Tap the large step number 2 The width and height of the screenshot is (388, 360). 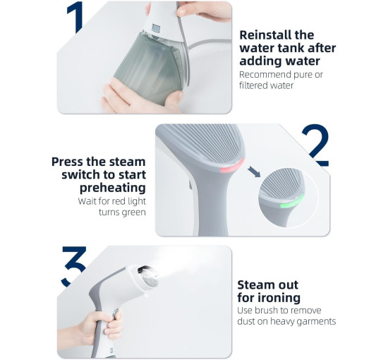(x=316, y=145)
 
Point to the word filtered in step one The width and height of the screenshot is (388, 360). (x=253, y=85)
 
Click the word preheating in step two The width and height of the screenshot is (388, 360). (x=113, y=188)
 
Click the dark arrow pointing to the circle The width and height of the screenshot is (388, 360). (x=254, y=172)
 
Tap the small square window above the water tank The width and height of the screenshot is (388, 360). (x=157, y=28)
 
